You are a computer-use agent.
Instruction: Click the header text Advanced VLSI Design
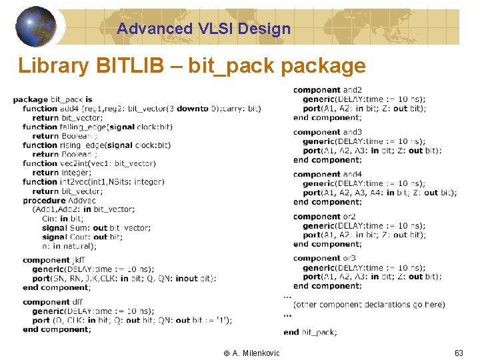click(203, 29)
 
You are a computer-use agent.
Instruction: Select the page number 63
click(459, 353)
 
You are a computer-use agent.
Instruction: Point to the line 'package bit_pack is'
click(53, 99)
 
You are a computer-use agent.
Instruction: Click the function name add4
click(69, 109)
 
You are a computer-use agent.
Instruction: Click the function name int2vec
click(75, 181)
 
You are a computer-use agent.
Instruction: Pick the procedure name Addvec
click(82, 200)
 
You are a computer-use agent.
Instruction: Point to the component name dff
click(77, 302)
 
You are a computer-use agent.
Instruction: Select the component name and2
click(353, 90)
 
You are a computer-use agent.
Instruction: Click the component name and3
click(353, 132)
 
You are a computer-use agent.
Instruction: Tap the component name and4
click(353, 174)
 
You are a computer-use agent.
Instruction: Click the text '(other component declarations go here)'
click(369, 305)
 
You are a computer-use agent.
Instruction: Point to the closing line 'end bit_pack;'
click(310, 332)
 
